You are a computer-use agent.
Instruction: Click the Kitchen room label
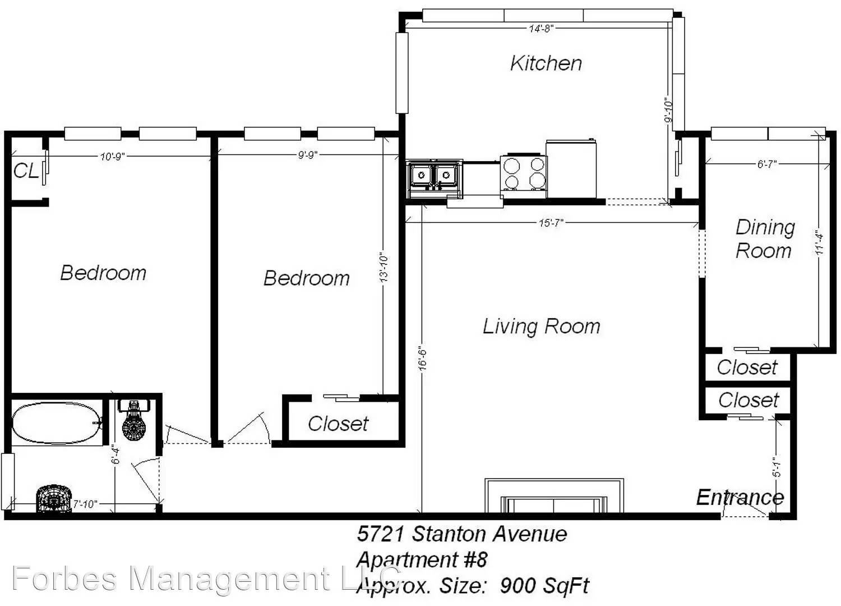tap(546, 63)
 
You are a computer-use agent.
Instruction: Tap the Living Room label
tap(542, 326)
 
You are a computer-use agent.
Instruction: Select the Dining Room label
tap(764, 239)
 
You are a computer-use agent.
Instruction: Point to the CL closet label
tap(26, 171)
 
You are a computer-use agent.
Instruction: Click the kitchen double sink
tap(435, 179)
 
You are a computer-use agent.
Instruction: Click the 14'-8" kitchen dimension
tap(542, 29)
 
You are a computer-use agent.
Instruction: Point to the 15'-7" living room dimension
tap(551, 223)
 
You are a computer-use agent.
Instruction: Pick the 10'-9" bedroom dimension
tap(112, 157)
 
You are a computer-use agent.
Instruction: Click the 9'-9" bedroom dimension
tap(308, 155)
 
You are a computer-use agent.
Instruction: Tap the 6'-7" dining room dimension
tap(766, 164)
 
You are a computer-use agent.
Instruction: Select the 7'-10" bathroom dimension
tap(85, 504)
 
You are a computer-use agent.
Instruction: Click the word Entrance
tap(740, 497)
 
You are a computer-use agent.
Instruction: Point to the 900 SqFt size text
tap(544, 585)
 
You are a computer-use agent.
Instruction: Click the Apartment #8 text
tap(422, 559)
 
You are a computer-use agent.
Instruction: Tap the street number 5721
tap(380, 534)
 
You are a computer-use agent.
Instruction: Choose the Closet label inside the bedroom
tap(338, 424)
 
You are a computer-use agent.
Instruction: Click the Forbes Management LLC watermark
tap(206, 579)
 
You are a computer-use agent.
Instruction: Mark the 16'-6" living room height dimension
tap(423, 358)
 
